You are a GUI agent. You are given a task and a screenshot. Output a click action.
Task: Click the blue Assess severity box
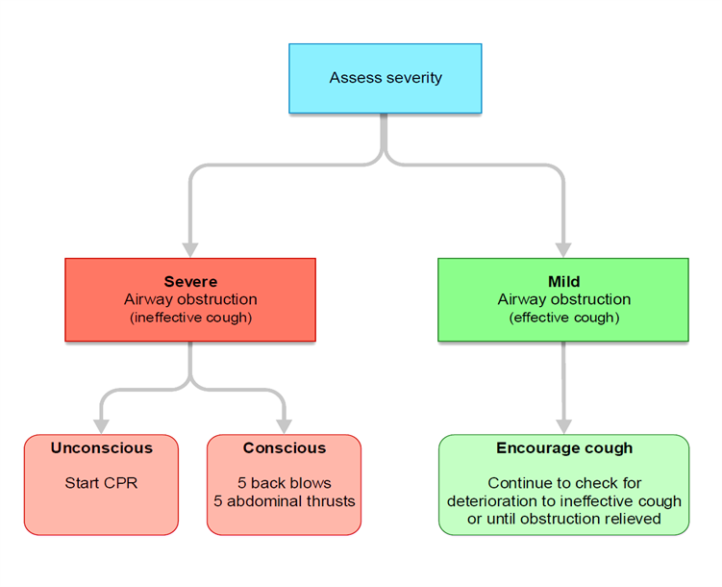(385, 78)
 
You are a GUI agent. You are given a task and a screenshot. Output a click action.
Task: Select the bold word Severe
(190, 282)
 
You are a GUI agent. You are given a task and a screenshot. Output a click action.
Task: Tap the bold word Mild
(563, 282)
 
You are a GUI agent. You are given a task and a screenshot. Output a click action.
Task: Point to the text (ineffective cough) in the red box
(190, 318)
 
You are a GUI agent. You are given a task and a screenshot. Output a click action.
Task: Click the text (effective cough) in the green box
(563, 318)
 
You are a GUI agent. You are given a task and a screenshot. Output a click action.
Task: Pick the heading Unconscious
(101, 447)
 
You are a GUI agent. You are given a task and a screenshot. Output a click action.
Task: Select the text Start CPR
(101, 483)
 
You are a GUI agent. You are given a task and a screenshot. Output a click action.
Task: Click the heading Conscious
(285, 447)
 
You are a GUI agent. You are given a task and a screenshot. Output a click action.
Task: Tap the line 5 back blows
(285, 483)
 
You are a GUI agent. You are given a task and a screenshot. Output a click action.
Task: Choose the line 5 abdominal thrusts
(285, 500)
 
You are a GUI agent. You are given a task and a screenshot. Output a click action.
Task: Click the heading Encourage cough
(564, 447)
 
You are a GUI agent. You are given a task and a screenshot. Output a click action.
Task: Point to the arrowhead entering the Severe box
(190, 250)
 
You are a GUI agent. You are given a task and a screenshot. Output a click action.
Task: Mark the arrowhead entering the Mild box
(563, 250)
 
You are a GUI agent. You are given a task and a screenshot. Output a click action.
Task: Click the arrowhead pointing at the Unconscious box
(101, 426)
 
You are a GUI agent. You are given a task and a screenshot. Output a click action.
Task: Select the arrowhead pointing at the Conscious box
(285, 426)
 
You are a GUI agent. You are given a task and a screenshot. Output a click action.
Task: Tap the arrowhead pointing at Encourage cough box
(563, 426)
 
